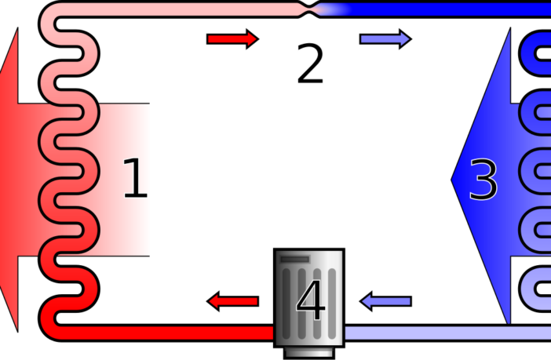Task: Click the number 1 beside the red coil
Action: tap(135, 180)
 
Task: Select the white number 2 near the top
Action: tap(309, 64)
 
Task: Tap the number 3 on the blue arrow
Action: tap(483, 180)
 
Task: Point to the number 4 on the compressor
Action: tap(310, 301)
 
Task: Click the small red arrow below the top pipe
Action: tap(232, 39)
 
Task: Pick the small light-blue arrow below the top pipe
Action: tap(385, 39)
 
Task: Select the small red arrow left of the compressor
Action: tap(233, 301)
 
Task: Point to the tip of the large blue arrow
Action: tap(454, 180)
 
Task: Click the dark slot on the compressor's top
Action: tap(294, 259)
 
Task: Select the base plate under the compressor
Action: tap(308, 352)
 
